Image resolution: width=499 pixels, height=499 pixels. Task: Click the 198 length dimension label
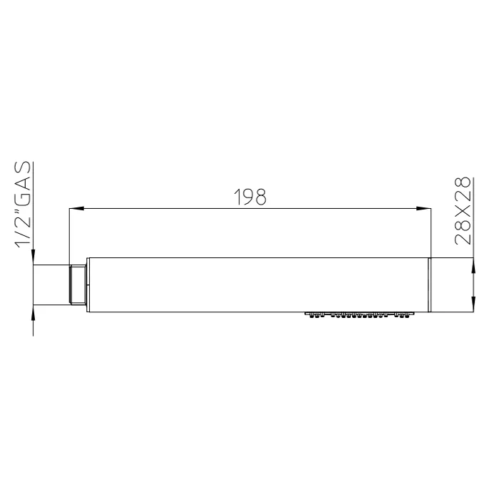(x=249, y=197)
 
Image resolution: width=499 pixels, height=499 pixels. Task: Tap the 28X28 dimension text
(x=463, y=211)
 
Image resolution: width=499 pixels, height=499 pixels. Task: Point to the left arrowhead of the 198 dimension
(x=76, y=208)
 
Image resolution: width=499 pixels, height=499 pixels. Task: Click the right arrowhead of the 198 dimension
(x=423, y=208)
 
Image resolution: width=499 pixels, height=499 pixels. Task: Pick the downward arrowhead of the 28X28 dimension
(x=473, y=304)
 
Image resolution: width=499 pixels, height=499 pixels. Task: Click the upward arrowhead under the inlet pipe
(x=33, y=313)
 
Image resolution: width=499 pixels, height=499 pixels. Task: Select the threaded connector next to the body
(x=77, y=285)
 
